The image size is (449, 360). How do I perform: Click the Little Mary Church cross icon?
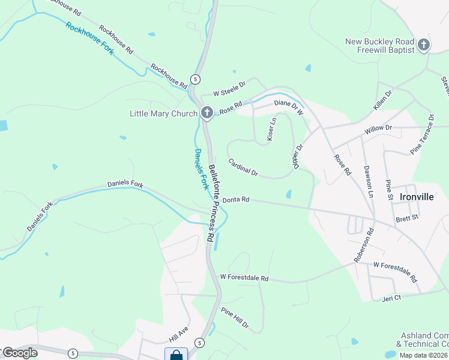206,113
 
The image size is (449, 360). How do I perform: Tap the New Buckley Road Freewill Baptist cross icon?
424,45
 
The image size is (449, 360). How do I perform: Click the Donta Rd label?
235,200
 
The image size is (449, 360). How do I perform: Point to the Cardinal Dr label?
243,167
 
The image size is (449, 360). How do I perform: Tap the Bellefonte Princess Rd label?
212,203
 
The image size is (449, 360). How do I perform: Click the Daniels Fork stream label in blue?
201,169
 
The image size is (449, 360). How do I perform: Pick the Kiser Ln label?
271,129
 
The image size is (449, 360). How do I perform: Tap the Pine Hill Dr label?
235,317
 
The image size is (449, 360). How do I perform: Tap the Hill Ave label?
178,334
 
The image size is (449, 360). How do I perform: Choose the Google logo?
19,352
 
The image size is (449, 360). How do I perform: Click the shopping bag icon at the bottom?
176,355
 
